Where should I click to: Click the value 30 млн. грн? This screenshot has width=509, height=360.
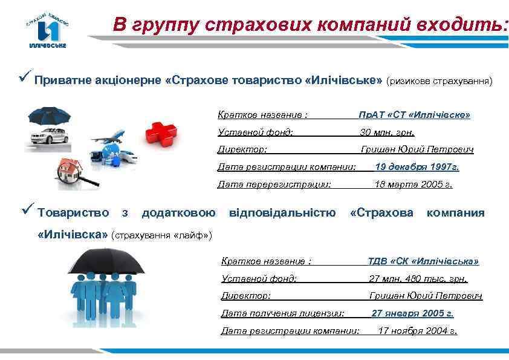click(387, 132)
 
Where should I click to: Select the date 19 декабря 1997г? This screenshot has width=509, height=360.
click(417, 166)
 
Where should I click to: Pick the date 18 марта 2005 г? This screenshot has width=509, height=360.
click(413, 184)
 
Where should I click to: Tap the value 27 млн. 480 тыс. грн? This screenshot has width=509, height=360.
click(418, 279)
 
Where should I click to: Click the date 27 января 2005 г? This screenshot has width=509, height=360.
click(412, 313)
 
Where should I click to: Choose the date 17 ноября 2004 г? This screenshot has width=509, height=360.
click(417, 330)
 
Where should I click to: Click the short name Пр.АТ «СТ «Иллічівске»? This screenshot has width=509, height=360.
click(414, 114)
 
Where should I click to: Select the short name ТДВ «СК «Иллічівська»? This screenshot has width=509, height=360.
click(423, 261)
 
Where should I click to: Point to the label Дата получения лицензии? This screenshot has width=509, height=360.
click(283, 313)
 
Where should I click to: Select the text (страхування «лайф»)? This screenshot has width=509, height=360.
click(162, 234)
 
